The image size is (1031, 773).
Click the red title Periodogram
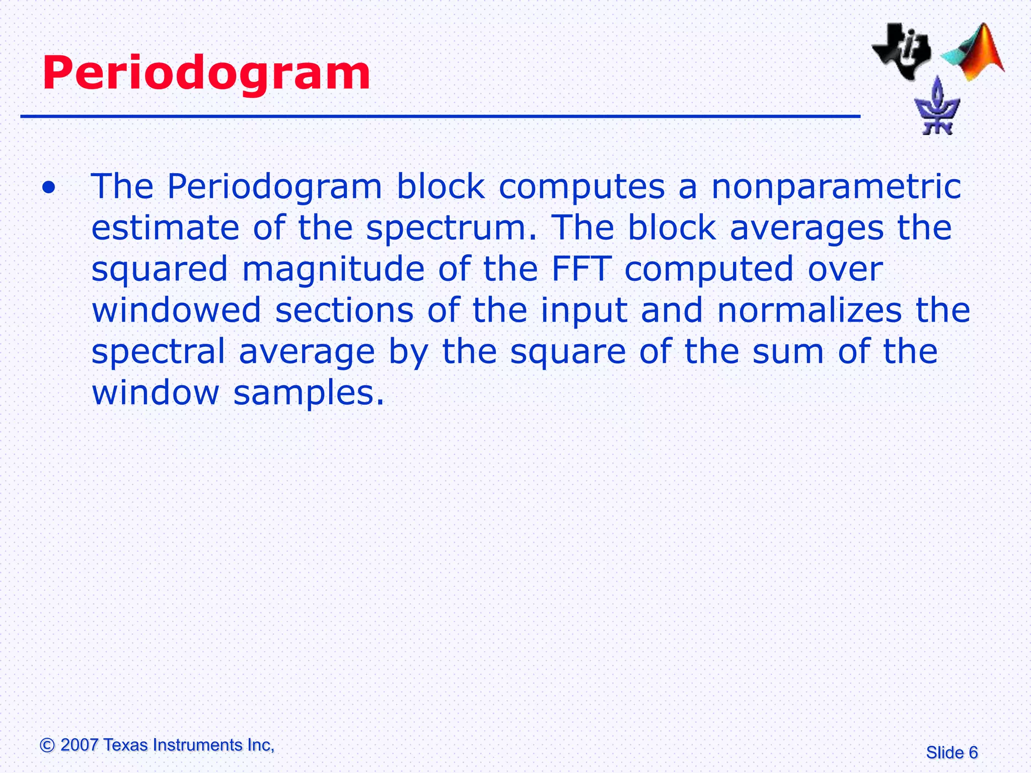206,74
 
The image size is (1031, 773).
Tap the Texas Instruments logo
901,50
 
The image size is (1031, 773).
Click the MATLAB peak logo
974,53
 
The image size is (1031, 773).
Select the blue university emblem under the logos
937,107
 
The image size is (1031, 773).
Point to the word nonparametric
836,187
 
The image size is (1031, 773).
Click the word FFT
581,269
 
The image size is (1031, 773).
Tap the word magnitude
333,269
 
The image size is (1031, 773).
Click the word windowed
176,310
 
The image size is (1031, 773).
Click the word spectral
159,351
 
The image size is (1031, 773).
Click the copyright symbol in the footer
47,745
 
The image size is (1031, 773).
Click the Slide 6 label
951,753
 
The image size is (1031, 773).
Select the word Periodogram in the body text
274,187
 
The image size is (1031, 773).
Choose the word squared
160,270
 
